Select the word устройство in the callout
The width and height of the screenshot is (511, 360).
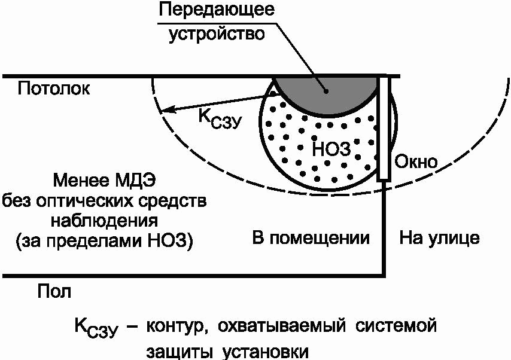(217, 33)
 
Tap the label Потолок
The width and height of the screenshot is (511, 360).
(54, 89)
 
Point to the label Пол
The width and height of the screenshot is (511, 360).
(54, 292)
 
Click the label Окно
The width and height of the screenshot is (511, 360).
(416, 161)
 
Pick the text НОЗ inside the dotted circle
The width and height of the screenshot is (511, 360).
(330, 148)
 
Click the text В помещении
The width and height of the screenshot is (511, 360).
(310, 238)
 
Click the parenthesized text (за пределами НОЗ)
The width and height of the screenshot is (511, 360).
(102, 242)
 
